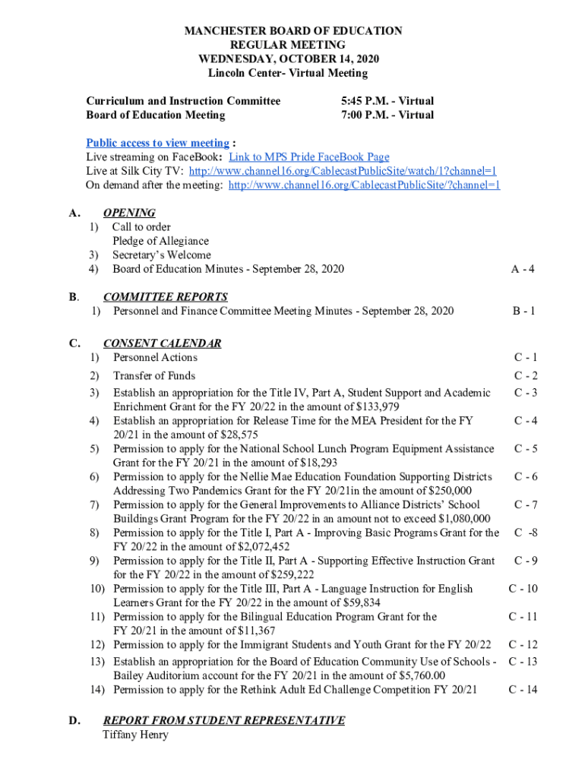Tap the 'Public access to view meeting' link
click(157, 143)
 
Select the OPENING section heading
click(129, 213)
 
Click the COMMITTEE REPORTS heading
click(165, 297)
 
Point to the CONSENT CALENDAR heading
click(162, 343)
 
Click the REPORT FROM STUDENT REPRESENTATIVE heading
click(223, 720)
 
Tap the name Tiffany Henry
click(135, 735)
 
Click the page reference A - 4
click(523, 269)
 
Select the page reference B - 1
click(523, 311)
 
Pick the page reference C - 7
click(526, 504)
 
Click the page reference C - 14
click(523, 690)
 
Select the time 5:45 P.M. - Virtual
click(387, 101)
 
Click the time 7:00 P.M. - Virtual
click(387, 115)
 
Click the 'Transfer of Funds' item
click(154, 375)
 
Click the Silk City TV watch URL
click(343, 171)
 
